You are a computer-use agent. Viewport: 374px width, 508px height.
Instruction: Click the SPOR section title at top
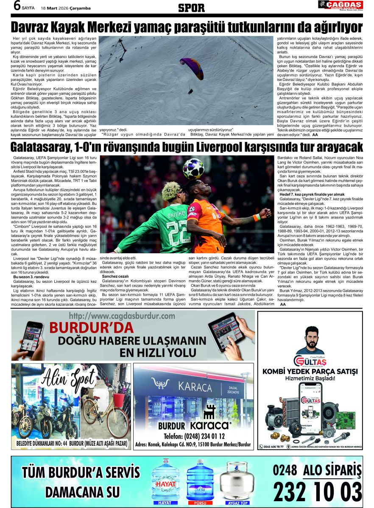pyautogui.click(x=191, y=8)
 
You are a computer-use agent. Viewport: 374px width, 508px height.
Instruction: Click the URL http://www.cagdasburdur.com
pyautogui.click(x=122, y=316)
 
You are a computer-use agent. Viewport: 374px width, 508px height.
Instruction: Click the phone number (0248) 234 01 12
pyautogui.click(x=194, y=436)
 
